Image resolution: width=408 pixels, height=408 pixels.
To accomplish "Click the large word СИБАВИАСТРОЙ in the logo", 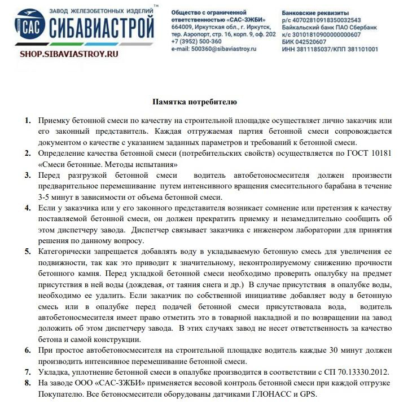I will [101, 28].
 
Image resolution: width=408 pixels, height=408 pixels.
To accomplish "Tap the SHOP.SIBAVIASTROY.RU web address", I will [69, 54].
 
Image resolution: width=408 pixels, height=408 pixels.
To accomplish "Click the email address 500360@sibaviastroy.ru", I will [224, 49].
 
